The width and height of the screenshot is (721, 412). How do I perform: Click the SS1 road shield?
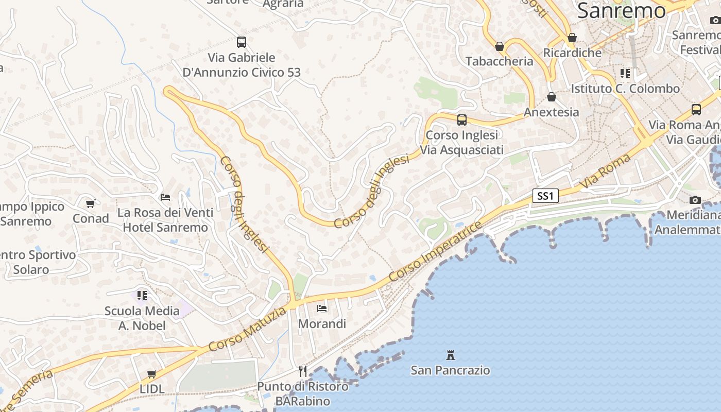(545, 196)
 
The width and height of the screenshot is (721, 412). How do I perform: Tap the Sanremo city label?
(621, 11)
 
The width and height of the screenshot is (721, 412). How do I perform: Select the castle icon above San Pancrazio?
(451, 355)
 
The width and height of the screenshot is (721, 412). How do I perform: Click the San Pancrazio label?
(450, 370)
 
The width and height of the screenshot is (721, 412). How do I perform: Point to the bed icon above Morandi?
(322, 308)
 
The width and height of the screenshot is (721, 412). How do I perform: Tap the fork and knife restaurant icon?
(303, 371)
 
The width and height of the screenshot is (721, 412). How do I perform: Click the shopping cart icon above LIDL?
(152, 374)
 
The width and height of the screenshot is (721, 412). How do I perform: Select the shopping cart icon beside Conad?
(91, 204)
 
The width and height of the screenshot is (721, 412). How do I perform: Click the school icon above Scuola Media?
(142, 296)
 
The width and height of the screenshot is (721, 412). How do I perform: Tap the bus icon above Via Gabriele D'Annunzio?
(242, 42)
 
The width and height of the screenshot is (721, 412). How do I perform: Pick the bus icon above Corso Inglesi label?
(462, 120)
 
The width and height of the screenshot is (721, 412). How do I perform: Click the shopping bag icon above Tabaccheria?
(499, 47)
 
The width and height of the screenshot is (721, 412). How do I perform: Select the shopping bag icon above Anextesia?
(552, 97)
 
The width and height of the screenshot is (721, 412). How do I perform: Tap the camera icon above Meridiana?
(695, 200)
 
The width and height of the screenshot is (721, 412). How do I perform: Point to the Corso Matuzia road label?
(248, 330)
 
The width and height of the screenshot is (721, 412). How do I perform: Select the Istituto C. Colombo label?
(625, 89)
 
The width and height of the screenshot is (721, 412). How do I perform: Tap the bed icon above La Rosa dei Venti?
(165, 197)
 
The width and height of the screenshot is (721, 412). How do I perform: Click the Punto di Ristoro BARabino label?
(303, 393)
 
